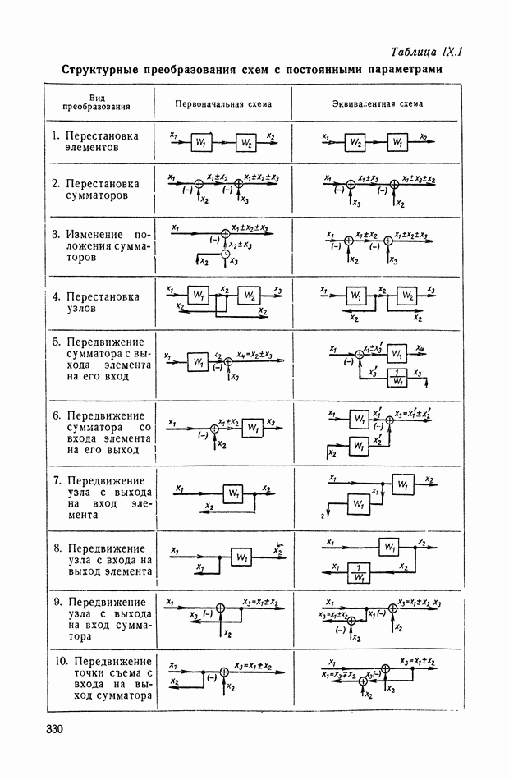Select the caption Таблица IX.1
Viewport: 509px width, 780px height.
(x=427, y=51)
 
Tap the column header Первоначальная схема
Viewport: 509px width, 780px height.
(x=222, y=104)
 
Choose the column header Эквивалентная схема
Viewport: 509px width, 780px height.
(x=377, y=104)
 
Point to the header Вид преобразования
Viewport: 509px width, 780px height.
(x=96, y=103)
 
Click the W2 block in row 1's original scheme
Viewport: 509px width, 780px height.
(x=246, y=143)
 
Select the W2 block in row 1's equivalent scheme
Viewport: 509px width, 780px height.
(x=355, y=142)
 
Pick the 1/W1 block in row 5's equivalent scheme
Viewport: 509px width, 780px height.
(x=397, y=379)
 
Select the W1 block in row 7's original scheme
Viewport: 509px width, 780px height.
(x=234, y=493)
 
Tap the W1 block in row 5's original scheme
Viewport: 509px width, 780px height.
(x=198, y=362)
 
